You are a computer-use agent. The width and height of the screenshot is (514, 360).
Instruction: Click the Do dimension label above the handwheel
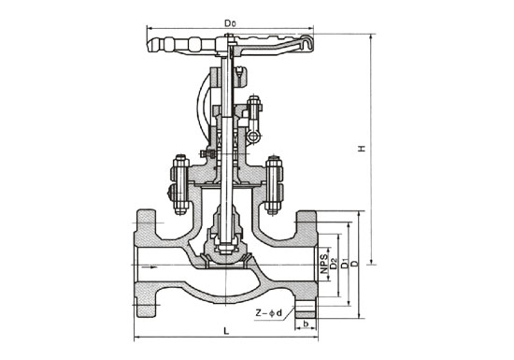coord(230,23)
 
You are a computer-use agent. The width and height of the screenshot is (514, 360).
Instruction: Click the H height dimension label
coord(362,148)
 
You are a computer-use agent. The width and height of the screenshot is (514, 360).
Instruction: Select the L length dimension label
coord(226,331)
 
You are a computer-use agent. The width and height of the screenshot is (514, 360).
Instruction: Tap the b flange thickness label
coord(306,324)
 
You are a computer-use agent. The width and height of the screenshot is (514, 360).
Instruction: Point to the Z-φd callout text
coord(269,313)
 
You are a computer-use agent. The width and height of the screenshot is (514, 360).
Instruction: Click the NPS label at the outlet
coord(324,264)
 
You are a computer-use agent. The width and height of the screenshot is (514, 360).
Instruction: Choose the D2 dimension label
coord(334,264)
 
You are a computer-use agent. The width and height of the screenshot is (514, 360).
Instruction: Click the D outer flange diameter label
coord(355,264)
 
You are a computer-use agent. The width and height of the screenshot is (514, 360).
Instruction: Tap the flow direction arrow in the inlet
coord(153,267)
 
